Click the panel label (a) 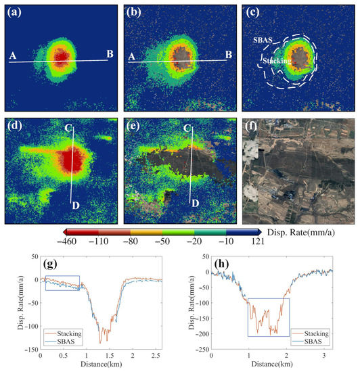pyautogui.click(x=14, y=12)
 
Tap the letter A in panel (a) pyautogui.click(x=12, y=57)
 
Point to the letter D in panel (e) pyautogui.click(x=195, y=202)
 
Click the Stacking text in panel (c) pyautogui.click(x=277, y=61)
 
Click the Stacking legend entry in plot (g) pyautogui.click(x=152, y=333)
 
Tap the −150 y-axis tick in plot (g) pyautogui.click(x=29, y=349)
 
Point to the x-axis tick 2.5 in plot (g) pyautogui.click(x=156, y=356)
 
